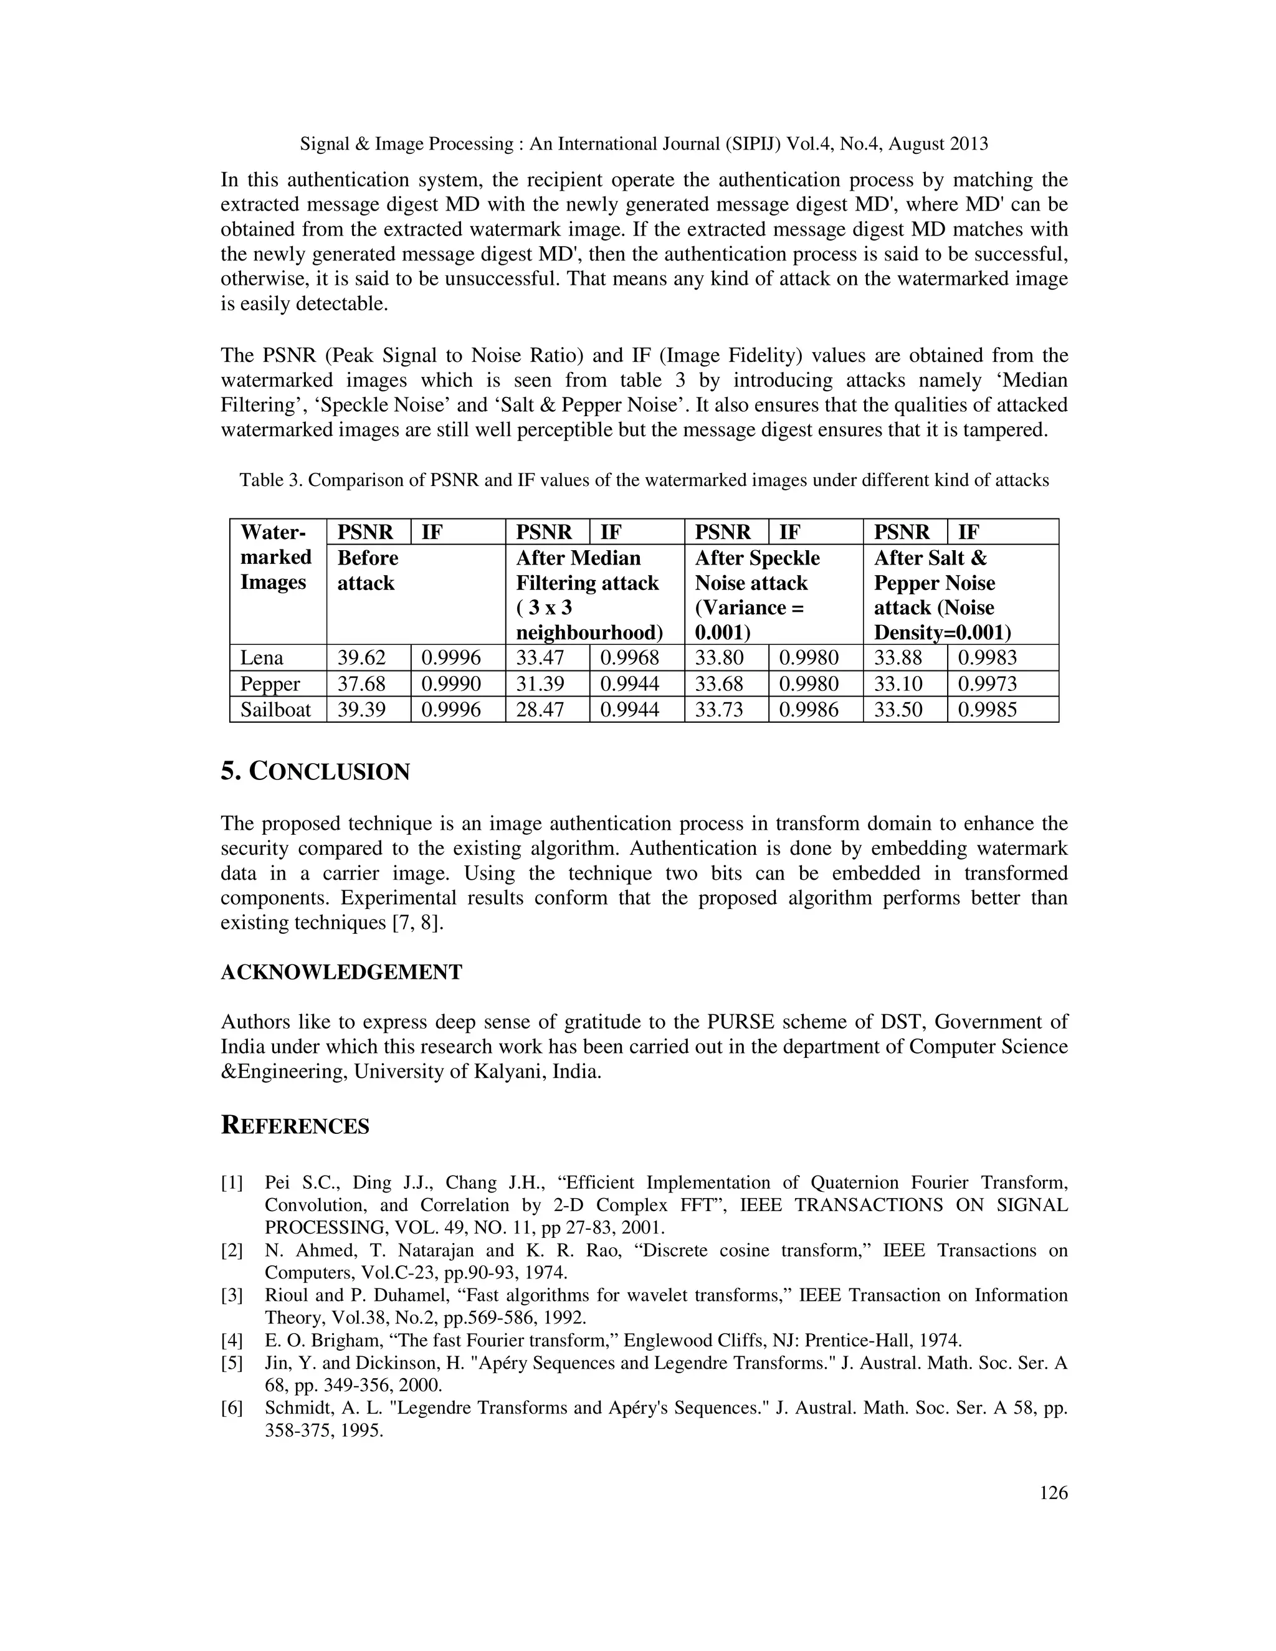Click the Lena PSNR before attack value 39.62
pos(361,658)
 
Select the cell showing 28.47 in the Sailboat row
pos(540,710)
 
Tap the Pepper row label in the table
pos(270,684)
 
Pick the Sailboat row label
pos(275,710)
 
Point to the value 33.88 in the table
pos(898,658)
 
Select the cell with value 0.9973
pos(988,684)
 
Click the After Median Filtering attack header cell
pos(588,595)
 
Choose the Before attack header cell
pos(368,571)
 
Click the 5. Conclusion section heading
pos(315,772)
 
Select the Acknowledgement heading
pos(341,972)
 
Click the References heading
pos(295,1126)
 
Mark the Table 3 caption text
pos(644,480)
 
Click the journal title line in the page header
pos(644,144)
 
